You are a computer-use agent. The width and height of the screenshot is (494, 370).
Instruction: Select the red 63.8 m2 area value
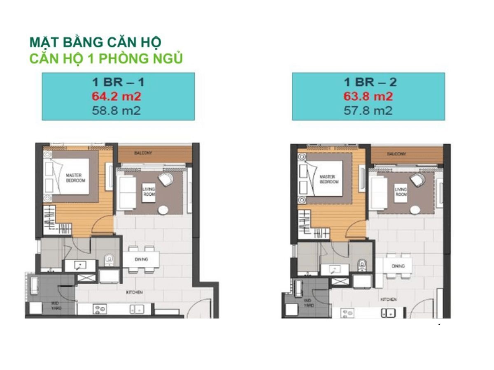pyautogui.click(x=368, y=97)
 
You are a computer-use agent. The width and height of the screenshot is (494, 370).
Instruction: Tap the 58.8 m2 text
pyautogui.click(x=119, y=111)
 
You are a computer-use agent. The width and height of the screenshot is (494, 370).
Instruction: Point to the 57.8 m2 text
pyautogui.click(x=368, y=111)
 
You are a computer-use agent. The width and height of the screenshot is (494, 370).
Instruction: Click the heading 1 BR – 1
pyautogui.click(x=119, y=83)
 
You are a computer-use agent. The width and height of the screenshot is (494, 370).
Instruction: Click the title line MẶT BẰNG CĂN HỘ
pyautogui.click(x=95, y=42)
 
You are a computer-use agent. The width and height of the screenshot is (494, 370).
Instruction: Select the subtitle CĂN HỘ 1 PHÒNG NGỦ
pyautogui.click(x=106, y=58)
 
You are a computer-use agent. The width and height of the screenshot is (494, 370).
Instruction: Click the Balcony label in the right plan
pyautogui.click(x=396, y=154)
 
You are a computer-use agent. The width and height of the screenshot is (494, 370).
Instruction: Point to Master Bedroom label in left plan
pyautogui.click(x=75, y=178)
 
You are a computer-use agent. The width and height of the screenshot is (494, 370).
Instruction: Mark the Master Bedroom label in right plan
pyautogui.click(x=329, y=179)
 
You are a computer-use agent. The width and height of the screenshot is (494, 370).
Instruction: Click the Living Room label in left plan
pyautogui.click(x=149, y=191)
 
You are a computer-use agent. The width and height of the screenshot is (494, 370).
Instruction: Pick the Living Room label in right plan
pyautogui.click(x=401, y=192)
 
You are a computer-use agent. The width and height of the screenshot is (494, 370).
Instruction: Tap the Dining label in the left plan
pyautogui.click(x=141, y=259)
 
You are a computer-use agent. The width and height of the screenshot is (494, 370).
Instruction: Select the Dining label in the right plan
pyautogui.click(x=398, y=266)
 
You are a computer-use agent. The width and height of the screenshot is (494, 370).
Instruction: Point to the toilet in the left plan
pyautogui.click(x=109, y=259)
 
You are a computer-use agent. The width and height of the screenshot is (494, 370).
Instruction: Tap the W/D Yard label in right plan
pyautogui.click(x=309, y=303)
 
